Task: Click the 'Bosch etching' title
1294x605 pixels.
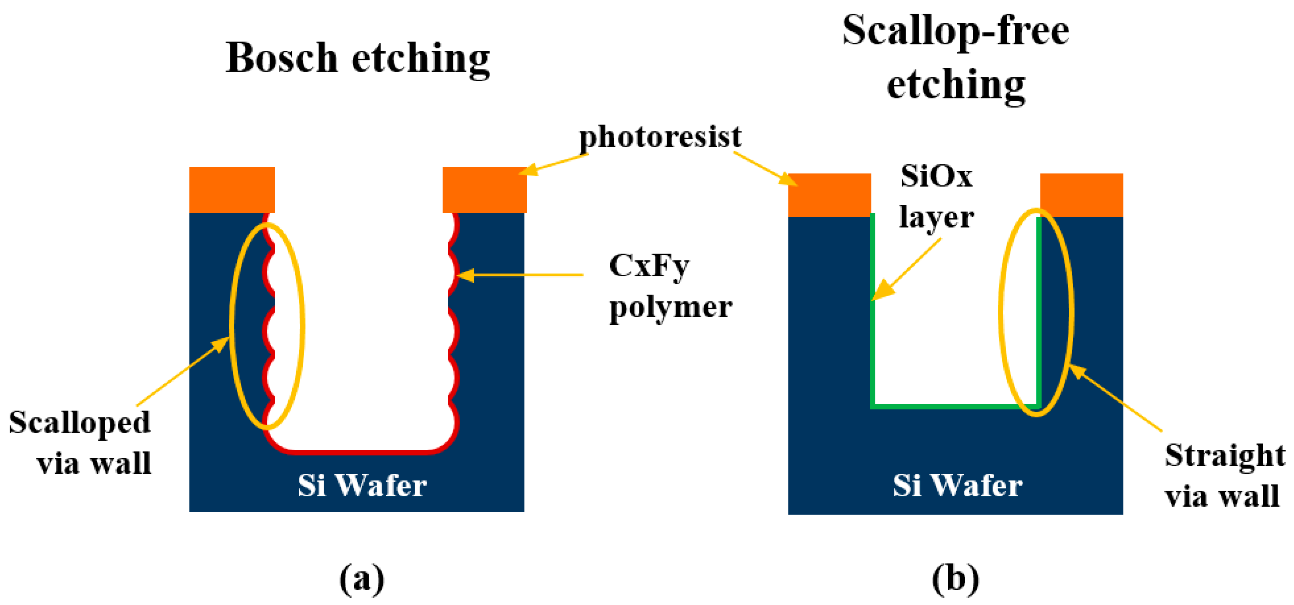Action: pyautogui.click(x=357, y=59)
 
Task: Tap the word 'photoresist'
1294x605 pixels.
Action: pyautogui.click(x=660, y=137)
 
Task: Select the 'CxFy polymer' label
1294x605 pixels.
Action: pyautogui.click(x=670, y=286)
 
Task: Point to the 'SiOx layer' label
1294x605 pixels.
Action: pyautogui.click(x=937, y=197)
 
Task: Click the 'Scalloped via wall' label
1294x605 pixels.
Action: pyautogui.click(x=80, y=442)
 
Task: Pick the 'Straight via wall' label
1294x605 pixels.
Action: pyautogui.click(x=1224, y=475)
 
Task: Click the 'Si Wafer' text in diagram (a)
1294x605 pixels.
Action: pyautogui.click(x=361, y=485)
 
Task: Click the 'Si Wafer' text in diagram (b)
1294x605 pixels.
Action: pyautogui.click(x=957, y=485)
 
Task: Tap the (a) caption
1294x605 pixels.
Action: pyautogui.click(x=361, y=578)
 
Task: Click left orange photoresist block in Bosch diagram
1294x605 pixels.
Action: pyautogui.click(x=232, y=190)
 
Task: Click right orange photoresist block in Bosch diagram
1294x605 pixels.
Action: pyautogui.click(x=484, y=190)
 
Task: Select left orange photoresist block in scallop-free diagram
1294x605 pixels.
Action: pyautogui.click(x=829, y=195)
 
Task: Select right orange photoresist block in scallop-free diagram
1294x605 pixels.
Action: pyautogui.click(x=1081, y=195)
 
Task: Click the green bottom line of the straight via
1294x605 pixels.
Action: pyautogui.click(x=955, y=406)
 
